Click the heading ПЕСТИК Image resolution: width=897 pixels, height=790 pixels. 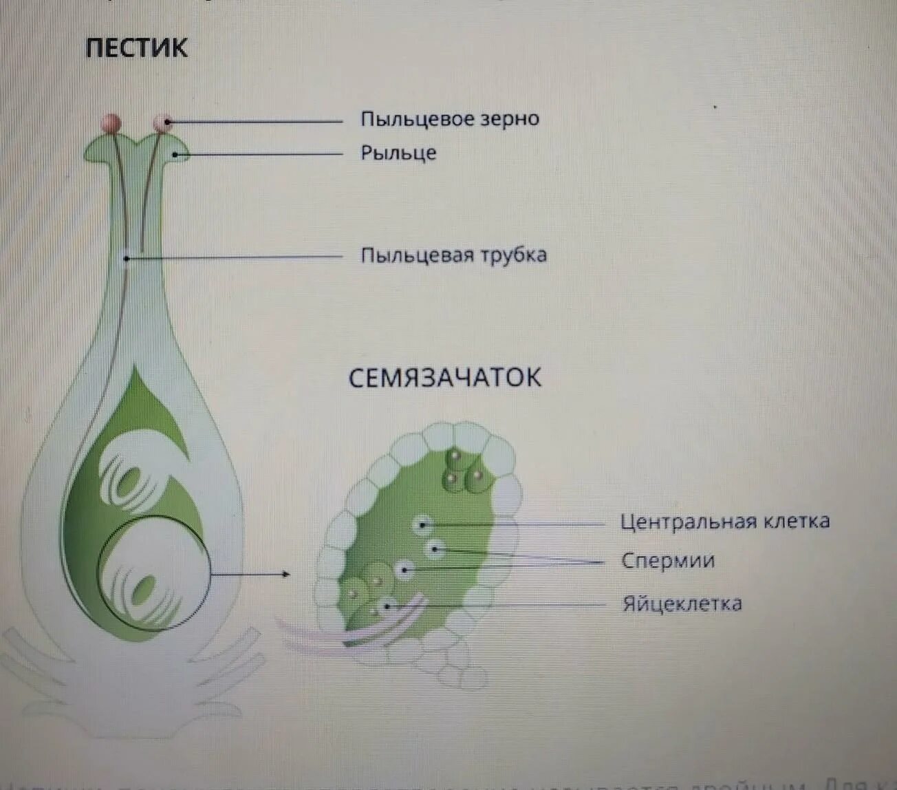click(136, 47)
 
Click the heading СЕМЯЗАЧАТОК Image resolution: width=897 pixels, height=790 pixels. click(444, 378)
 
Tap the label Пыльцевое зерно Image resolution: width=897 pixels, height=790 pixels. click(450, 119)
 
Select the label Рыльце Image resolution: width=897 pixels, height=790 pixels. click(398, 153)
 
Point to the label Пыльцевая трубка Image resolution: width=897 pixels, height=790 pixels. click(454, 255)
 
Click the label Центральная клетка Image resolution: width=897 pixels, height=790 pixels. click(724, 522)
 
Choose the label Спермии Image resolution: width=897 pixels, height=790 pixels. click(668, 561)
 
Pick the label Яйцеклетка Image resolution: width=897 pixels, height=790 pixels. click(682, 604)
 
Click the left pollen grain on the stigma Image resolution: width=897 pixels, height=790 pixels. click(111, 124)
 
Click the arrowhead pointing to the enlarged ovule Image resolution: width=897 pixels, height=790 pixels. click(285, 573)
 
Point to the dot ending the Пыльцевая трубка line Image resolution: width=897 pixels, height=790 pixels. click(127, 259)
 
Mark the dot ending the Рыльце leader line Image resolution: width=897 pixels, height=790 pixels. click(175, 155)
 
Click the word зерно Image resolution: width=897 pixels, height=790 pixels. click(510, 119)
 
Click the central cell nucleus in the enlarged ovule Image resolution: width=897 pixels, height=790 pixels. click(423, 525)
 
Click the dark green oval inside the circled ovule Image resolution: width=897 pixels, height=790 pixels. click(144, 589)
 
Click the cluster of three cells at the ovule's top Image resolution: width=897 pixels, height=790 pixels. click(463, 471)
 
